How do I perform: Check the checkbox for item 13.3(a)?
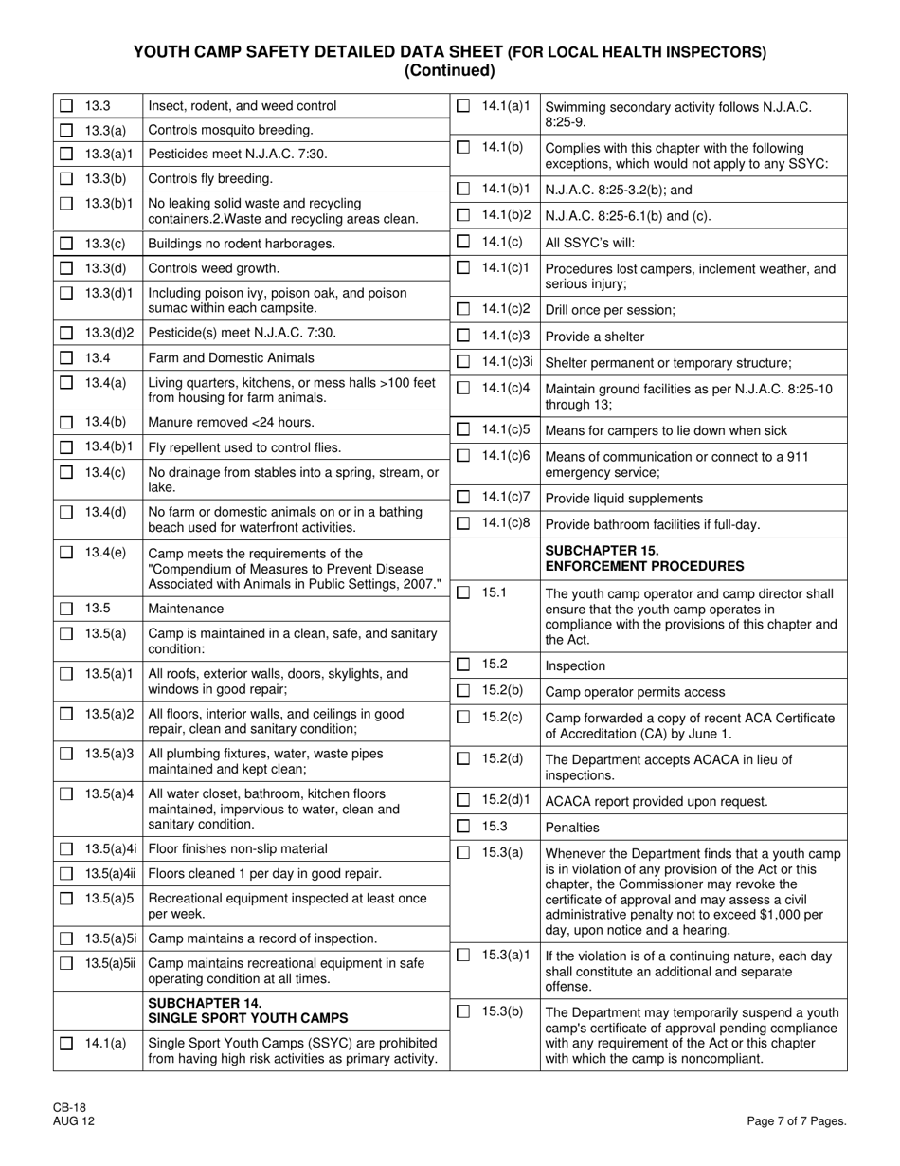pyautogui.click(x=66, y=130)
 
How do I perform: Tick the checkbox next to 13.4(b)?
pyautogui.click(x=66, y=423)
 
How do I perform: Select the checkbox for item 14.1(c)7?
pyautogui.click(x=463, y=498)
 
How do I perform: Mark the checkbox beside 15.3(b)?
pyautogui.click(x=463, y=1012)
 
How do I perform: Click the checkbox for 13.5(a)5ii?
pyautogui.click(x=66, y=964)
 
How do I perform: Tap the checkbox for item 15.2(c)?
pyautogui.click(x=463, y=718)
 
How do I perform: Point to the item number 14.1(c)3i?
pyautogui.click(x=508, y=361)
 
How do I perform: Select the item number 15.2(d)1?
pyautogui.click(x=507, y=800)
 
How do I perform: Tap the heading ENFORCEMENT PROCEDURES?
pyautogui.click(x=644, y=567)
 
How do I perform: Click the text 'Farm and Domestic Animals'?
pyautogui.click(x=231, y=358)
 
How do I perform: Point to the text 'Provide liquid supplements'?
pyautogui.click(x=624, y=499)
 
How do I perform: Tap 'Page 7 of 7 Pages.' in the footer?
pyautogui.click(x=796, y=1121)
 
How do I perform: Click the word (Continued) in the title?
pyautogui.click(x=449, y=70)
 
